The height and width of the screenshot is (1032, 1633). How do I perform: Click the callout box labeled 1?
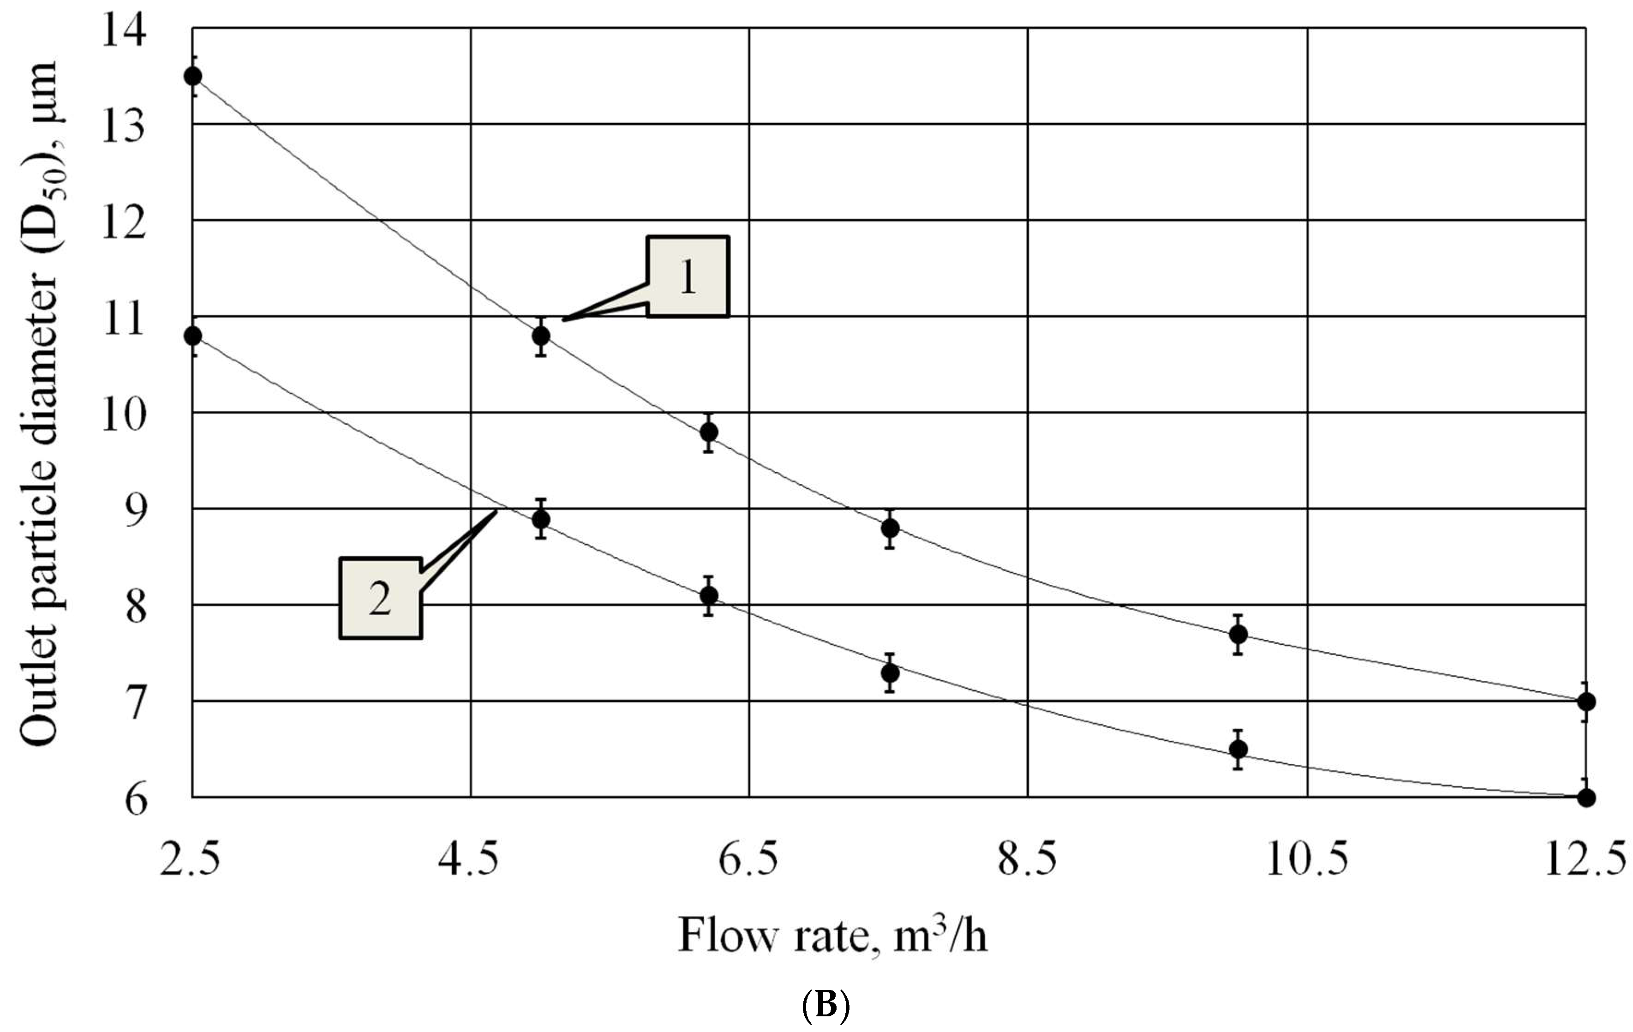click(x=688, y=276)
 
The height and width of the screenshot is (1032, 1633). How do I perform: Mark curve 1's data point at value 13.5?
click(x=192, y=75)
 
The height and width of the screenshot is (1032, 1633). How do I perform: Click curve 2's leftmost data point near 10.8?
click(x=192, y=335)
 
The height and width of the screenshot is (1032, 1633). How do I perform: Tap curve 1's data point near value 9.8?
click(x=709, y=432)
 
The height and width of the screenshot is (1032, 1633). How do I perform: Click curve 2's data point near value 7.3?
click(x=891, y=673)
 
